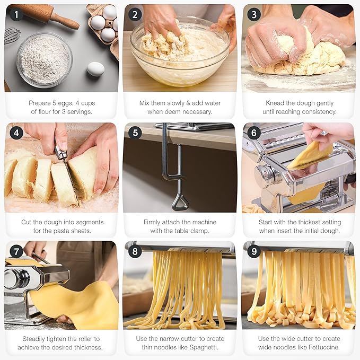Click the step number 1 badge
coord(16,15)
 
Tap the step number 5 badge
coord(135,133)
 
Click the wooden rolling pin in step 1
coord(50,16)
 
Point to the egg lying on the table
coord(95,69)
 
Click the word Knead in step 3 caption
coord(276,103)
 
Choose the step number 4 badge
coord(16,133)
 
